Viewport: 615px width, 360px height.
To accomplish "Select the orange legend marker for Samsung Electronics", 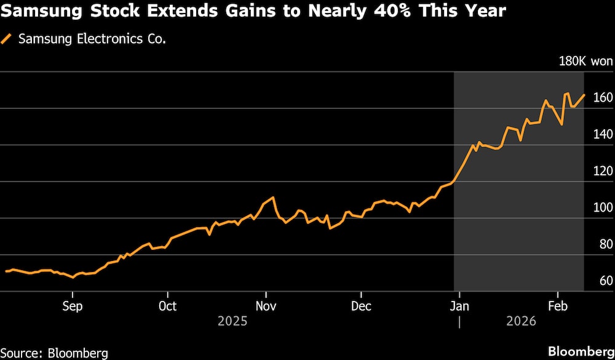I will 7,39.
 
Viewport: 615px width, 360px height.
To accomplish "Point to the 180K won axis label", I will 585,61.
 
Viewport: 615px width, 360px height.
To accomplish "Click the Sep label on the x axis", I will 73,306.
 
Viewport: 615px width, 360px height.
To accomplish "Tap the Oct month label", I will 167,306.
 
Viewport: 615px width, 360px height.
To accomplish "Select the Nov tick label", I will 266,306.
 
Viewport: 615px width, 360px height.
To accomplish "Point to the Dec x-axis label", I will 361,306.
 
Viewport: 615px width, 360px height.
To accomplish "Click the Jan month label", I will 459,306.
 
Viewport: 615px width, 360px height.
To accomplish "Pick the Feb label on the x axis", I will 557,306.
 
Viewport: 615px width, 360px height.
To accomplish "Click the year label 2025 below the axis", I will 232,321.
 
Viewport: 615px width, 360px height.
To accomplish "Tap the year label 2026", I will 520,321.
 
